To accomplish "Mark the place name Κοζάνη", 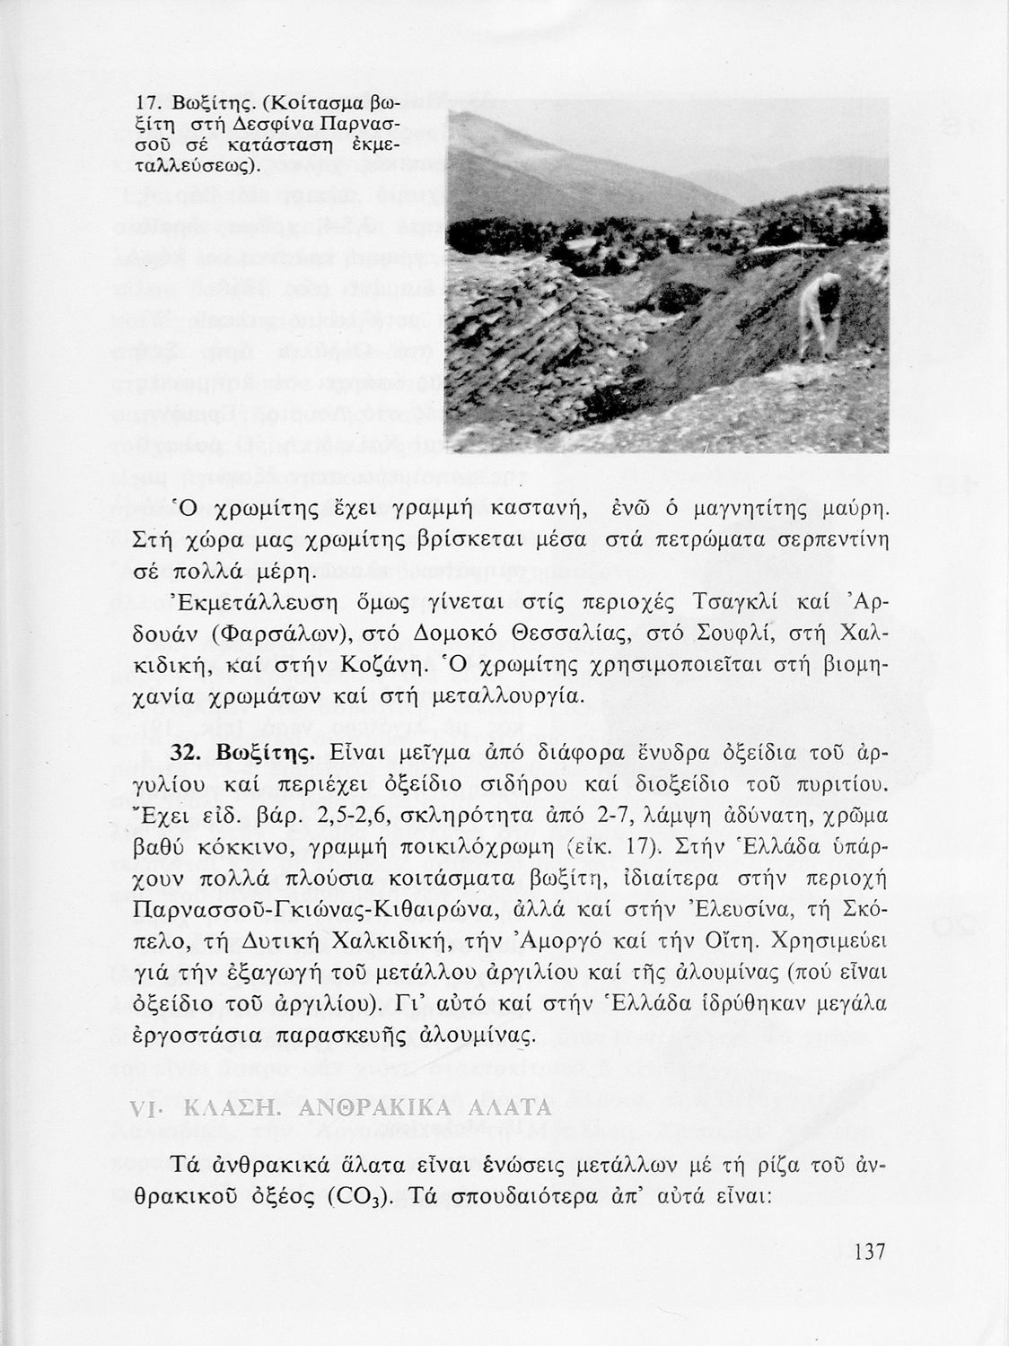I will point(384,665).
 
